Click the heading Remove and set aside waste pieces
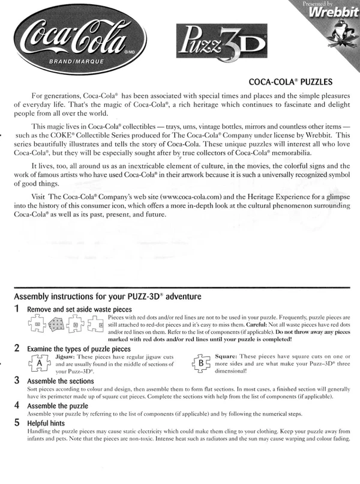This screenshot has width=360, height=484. (87, 309)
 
